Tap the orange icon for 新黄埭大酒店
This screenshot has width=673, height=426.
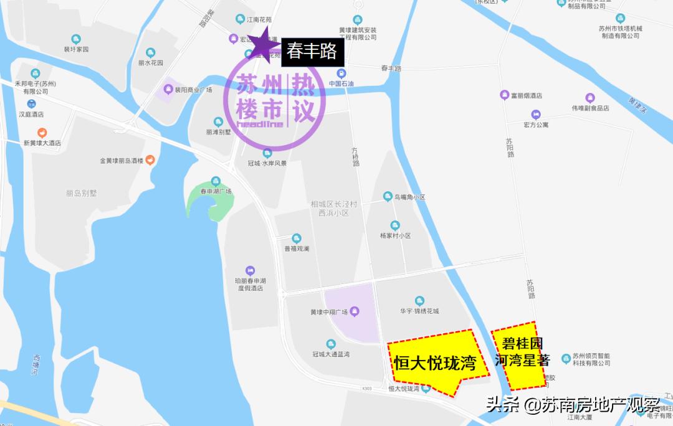coord(42,133)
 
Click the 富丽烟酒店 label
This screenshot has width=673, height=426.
coord(525,96)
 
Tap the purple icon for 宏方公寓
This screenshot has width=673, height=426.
coord(535,115)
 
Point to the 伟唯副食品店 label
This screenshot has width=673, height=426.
coord(590,108)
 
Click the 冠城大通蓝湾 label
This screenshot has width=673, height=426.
coord(331,354)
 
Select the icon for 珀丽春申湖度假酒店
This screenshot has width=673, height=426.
coord(249,271)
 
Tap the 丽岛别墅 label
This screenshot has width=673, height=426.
coord(82,193)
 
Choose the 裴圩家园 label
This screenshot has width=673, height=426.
coord(77,49)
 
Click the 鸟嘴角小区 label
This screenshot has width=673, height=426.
coord(409,197)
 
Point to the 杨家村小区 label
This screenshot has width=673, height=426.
coord(395,235)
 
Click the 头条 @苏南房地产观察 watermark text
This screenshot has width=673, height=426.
coord(573,405)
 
